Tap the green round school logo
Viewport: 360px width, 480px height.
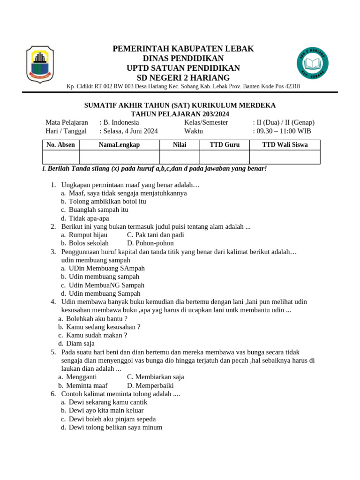[312, 63]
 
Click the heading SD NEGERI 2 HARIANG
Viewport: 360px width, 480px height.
[183, 78]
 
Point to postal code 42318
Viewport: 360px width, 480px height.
[291, 87]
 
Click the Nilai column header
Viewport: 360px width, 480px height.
[180, 145]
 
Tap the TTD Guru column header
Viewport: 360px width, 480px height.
[225, 145]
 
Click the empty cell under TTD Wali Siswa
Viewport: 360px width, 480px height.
[285, 157]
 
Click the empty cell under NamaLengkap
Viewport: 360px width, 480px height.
[120, 157]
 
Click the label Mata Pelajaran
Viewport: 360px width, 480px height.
[67, 122]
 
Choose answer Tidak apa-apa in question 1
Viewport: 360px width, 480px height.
[89, 218]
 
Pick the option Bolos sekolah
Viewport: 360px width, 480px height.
[89, 243]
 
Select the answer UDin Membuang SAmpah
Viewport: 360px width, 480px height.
[106, 268]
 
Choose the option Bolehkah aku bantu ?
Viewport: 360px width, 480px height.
[97, 319]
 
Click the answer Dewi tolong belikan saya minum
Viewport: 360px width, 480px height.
[115, 427]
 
